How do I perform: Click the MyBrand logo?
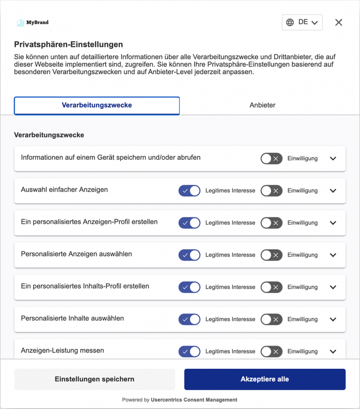[x=32, y=22]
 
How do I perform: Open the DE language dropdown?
[x=302, y=22]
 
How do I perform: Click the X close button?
[x=338, y=22]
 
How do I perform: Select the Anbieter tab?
[x=262, y=105]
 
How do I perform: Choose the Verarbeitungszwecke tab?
[x=97, y=105]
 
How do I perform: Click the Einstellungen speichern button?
[x=94, y=379]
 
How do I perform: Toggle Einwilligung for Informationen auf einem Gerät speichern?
[x=271, y=159]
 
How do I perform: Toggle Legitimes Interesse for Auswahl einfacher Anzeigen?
[x=189, y=191]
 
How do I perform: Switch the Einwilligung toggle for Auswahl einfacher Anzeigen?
[x=271, y=191]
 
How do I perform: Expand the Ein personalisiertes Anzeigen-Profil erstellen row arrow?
[x=333, y=223]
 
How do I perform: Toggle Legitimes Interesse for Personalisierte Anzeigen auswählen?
[x=189, y=255]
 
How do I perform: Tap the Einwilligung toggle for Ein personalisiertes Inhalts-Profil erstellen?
[x=271, y=287]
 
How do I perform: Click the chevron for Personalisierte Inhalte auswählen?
[x=333, y=320]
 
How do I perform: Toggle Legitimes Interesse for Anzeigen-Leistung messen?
[x=189, y=352]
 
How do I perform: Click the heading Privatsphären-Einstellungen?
[x=68, y=44]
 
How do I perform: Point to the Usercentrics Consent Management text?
[x=194, y=400]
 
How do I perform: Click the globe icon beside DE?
[x=290, y=22]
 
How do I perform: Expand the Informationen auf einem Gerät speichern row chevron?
[x=333, y=159]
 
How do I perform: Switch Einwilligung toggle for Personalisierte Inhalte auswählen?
[x=271, y=320]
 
